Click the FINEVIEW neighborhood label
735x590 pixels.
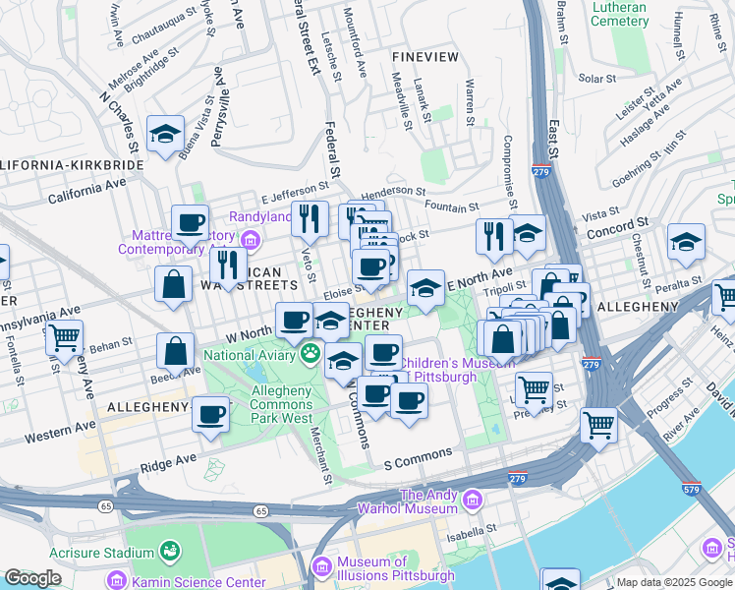point(424,57)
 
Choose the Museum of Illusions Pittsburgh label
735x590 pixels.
point(396,568)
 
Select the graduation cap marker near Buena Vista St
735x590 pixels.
point(166,135)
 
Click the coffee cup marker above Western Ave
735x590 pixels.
point(210,416)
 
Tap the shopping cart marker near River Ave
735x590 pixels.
point(598,426)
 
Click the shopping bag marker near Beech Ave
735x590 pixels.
point(175,351)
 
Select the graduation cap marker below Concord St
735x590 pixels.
point(686,244)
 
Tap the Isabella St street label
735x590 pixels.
point(476,532)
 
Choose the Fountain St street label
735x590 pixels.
point(452,207)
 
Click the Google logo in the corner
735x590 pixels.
point(33,578)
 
